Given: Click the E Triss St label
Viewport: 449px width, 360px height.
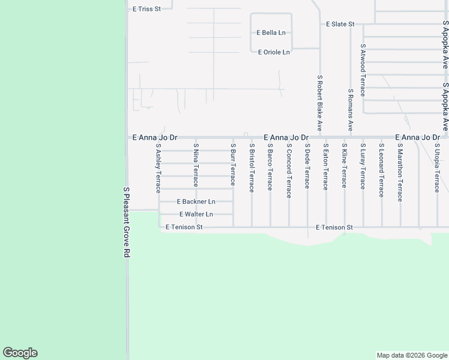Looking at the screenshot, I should click(x=147, y=9).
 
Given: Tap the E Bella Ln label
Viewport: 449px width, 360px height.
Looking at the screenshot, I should click(x=274, y=33).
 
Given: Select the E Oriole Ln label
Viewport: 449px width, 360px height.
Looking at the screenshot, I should click(x=274, y=52).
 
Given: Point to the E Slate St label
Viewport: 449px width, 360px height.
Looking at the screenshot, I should click(x=340, y=24).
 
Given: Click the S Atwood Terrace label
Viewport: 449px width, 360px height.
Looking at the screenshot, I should click(x=363, y=70).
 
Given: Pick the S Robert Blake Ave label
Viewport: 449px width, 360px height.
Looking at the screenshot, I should click(x=320, y=103).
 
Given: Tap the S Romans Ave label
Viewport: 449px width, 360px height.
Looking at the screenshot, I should click(x=351, y=110).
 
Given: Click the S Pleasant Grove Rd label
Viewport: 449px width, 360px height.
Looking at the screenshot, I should click(x=126, y=222).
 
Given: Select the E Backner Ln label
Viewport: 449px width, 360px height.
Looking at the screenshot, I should click(x=196, y=202).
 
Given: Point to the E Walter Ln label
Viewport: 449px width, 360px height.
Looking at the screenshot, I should click(x=196, y=214).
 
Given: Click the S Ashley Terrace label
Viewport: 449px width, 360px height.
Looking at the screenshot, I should click(x=158, y=168).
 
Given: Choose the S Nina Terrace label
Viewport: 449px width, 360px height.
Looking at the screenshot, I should click(x=196, y=165).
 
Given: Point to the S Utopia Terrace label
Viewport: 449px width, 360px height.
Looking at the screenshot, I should click(x=437, y=168).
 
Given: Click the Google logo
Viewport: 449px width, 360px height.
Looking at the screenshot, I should click(x=20, y=353).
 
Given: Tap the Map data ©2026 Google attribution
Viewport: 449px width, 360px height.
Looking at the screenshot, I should click(x=412, y=355).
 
